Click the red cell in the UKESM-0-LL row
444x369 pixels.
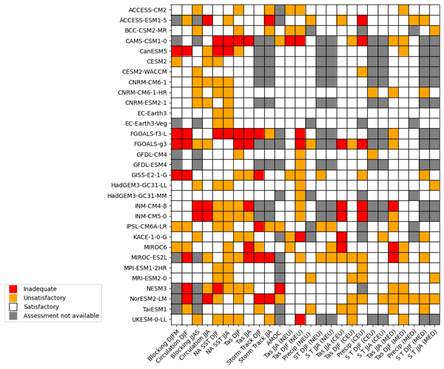pos(300,319)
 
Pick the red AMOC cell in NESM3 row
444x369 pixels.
pos(279,288)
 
